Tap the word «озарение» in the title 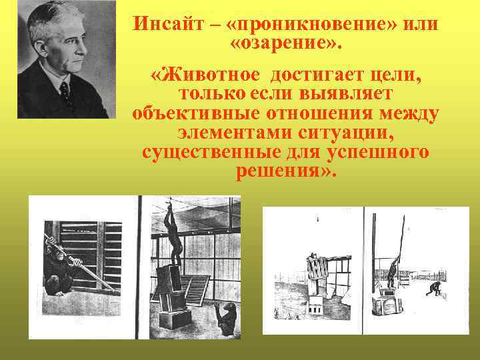coord(285,46)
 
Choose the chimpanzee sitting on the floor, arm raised coord(226,318)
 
